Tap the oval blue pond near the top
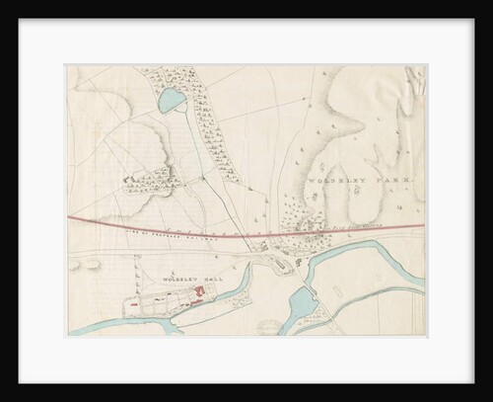pos(170,99)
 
